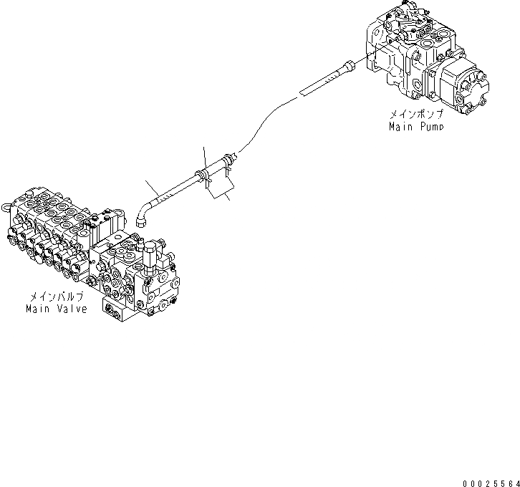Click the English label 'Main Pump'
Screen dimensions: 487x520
click(x=415, y=126)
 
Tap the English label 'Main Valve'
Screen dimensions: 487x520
click(x=56, y=309)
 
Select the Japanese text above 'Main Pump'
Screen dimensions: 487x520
click(x=416, y=115)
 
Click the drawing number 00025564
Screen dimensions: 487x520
click(x=491, y=482)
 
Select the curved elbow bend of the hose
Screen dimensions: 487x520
click(x=140, y=208)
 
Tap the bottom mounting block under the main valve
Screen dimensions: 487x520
click(x=129, y=307)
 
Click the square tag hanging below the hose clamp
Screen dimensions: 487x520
click(x=218, y=188)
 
